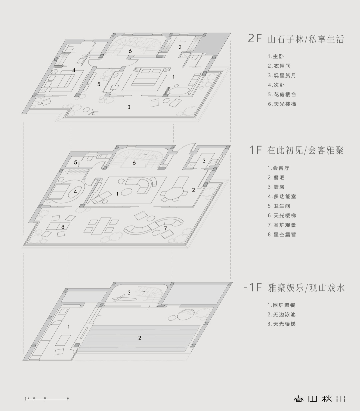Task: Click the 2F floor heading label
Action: [255, 38]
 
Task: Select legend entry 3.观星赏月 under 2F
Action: [282, 76]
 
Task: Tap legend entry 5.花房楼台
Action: [282, 95]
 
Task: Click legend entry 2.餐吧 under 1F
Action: [276, 178]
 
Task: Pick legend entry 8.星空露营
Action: [282, 234]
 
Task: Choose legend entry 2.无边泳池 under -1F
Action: [281, 314]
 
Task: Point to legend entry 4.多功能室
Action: [282, 197]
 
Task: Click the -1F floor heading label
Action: [253, 287]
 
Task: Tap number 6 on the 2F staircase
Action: [130, 51]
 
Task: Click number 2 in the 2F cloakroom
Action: [180, 47]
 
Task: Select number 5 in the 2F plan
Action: [99, 84]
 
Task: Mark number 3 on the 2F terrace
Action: [129, 107]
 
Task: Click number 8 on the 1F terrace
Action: [63, 227]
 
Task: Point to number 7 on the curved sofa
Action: [165, 228]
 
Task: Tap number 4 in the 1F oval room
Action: [75, 192]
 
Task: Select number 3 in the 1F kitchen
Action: [204, 161]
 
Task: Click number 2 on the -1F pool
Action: [140, 338]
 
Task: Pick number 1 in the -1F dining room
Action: [69, 327]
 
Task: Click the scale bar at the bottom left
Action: [47, 399]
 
